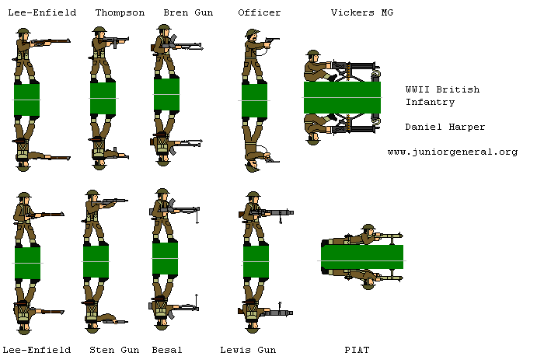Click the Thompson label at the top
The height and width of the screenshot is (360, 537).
(x=120, y=13)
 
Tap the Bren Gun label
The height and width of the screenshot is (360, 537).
(x=188, y=12)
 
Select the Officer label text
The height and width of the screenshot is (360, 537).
(x=260, y=12)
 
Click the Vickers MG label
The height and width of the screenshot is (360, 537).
(x=362, y=12)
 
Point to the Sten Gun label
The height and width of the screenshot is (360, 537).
(x=114, y=350)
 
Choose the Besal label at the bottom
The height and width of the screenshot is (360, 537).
(x=167, y=350)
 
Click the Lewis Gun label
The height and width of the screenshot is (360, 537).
(x=248, y=350)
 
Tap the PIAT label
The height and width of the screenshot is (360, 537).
(x=357, y=350)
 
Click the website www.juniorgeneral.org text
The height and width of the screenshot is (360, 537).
(x=452, y=152)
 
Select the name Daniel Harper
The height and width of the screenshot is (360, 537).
(x=445, y=127)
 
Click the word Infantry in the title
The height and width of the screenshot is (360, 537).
(x=431, y=102)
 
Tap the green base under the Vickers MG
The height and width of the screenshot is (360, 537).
(x=342, y=98)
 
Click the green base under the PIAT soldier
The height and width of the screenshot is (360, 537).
(x=362, y=257)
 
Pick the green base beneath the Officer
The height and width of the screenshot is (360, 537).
(x=254, y=101)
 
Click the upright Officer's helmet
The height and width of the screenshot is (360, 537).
(x=253, y=33)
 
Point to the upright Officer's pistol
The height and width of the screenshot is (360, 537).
(x=272, y=40)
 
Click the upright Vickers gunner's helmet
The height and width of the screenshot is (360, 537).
(x=313, y=53)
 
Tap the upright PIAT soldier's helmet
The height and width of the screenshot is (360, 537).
(x=368, y=228)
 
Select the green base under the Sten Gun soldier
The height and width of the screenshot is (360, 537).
(x=96, y=262)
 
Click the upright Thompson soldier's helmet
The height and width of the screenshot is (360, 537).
(x=99, y=30)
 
